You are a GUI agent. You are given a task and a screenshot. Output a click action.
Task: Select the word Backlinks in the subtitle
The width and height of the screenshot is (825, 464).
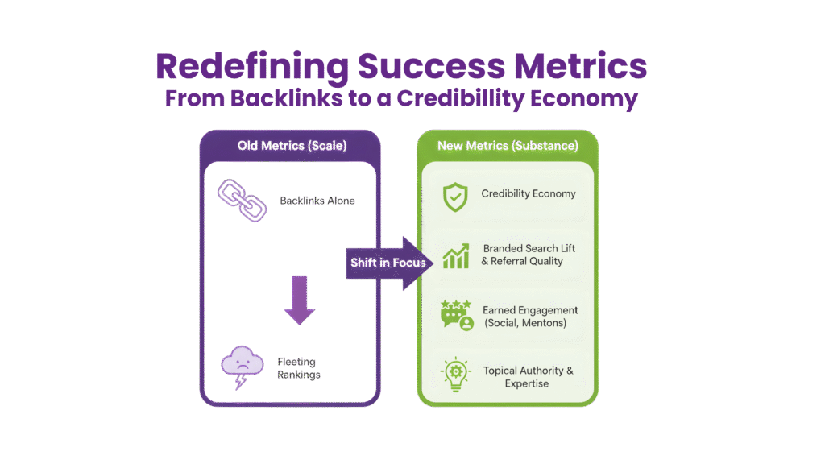click(x=281, y=100)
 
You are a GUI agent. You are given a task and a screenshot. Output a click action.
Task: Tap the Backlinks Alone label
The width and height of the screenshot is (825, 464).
click(x=316, y=201)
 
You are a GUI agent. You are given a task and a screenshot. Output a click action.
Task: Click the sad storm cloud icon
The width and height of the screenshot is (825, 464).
click(x=242, y=367)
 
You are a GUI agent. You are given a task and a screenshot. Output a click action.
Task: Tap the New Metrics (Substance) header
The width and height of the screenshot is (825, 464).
click(x=508, y=146)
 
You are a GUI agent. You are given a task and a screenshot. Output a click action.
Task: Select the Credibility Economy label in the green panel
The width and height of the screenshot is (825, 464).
click(x=529, y=194)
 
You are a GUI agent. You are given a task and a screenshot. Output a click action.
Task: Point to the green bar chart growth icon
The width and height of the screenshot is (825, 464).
click(x=456, y=255)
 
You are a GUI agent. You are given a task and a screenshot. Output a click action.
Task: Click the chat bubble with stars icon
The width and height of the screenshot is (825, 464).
click(x=457, y=315)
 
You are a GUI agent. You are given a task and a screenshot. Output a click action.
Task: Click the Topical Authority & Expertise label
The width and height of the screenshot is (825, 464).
click(x=529, y=377)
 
